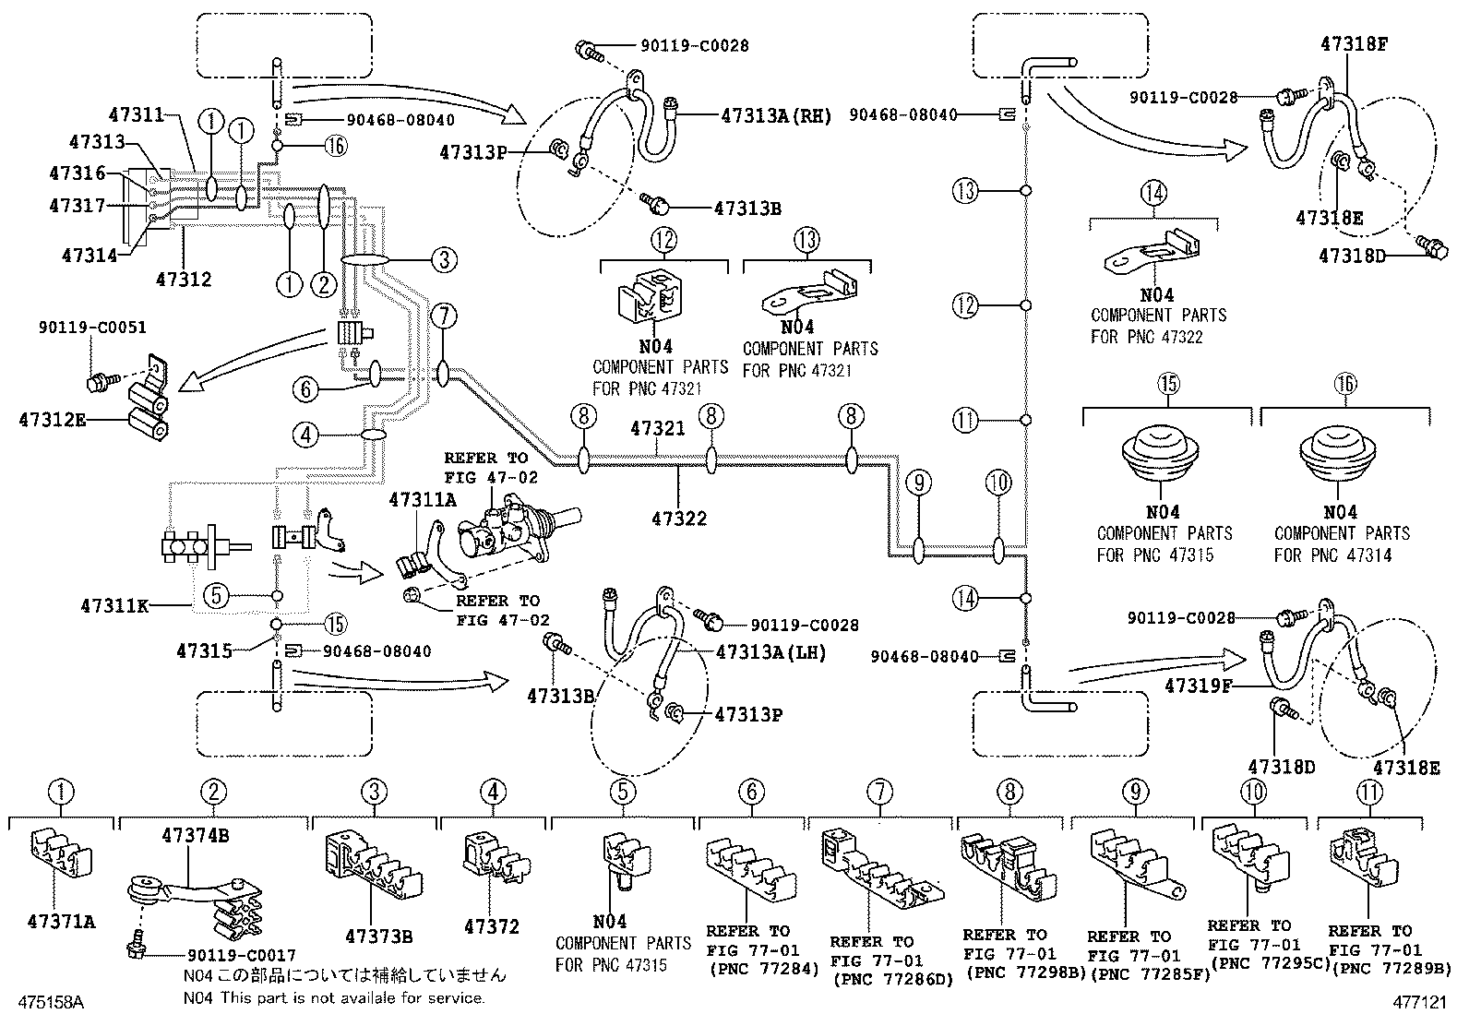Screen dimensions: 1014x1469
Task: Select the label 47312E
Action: point(52,421)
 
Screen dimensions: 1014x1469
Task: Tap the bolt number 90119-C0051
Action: point(92,328)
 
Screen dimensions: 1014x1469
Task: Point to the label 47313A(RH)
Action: point(776,116)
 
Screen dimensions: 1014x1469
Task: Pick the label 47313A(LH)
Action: point(770,653)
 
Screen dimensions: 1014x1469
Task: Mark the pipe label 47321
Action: point(658,429)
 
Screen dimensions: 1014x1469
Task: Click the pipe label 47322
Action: point(679,519)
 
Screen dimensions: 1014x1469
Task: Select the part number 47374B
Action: point(196,836)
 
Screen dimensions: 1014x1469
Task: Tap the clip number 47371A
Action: point(61,921)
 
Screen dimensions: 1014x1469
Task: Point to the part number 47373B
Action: point(378,936)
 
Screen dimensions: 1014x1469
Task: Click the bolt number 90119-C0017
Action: point(241,956)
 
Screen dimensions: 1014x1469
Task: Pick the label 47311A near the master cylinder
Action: point(422,500)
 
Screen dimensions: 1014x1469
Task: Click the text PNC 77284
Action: point(764,969)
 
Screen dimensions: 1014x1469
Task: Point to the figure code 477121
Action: point(1422,999)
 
